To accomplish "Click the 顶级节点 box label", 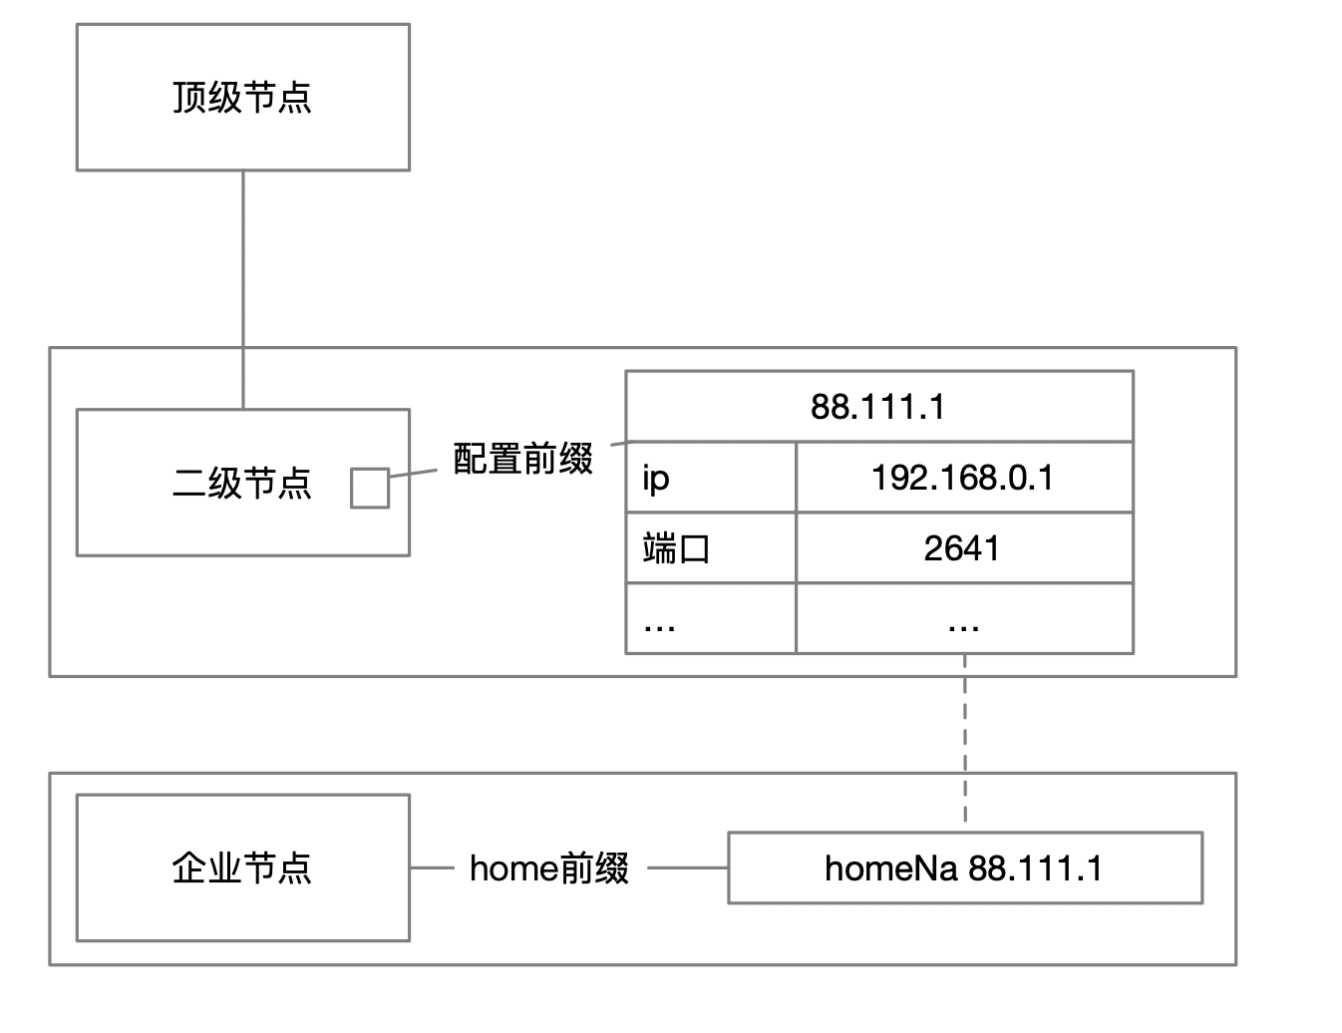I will [x=242, y=98].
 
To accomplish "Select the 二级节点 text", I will [x=242, y=483].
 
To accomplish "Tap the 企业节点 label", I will [x=242, y=867].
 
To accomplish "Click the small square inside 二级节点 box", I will [x=370, y=488].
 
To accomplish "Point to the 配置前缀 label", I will [x=522, y=459].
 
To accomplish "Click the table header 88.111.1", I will [x=878, y=407].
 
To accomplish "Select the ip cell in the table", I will [x=710, y=478].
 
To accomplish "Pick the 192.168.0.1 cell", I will [x=963, y=478].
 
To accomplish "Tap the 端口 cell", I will [x=710, y=548].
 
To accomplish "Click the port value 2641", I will [x=963, y=548].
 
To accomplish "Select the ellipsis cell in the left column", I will [x=710, y=619].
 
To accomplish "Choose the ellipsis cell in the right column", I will [x=963, y=619].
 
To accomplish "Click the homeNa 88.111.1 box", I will [x=965, y=867].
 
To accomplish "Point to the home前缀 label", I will [x=549, y=867].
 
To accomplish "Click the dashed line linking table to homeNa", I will [x=965, y=738].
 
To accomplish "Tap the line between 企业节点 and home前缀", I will [x=432, y=867].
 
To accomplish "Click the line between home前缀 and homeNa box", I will [x=688, y=867].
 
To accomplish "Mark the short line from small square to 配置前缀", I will [x=413, y=473].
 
